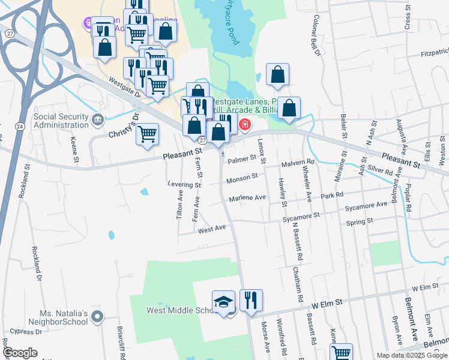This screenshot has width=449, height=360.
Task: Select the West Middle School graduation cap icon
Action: pyautogui.click(x=223, y=301)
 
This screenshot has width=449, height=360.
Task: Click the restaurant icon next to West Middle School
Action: pyautogui.click(x=251, y=299)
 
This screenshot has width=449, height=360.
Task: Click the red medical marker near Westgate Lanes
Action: pyautogui.click(x=244, y=125)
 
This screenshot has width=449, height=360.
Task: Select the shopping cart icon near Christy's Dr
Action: pyautogui.click(x=147, y=134)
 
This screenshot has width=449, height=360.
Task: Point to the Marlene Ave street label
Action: pyautogui.click(x=247, y=197)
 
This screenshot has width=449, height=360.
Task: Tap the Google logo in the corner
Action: pyautogui.click(x=20, y=353)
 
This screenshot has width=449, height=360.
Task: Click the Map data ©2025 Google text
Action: pyautogui.click(x=411, y=355)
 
